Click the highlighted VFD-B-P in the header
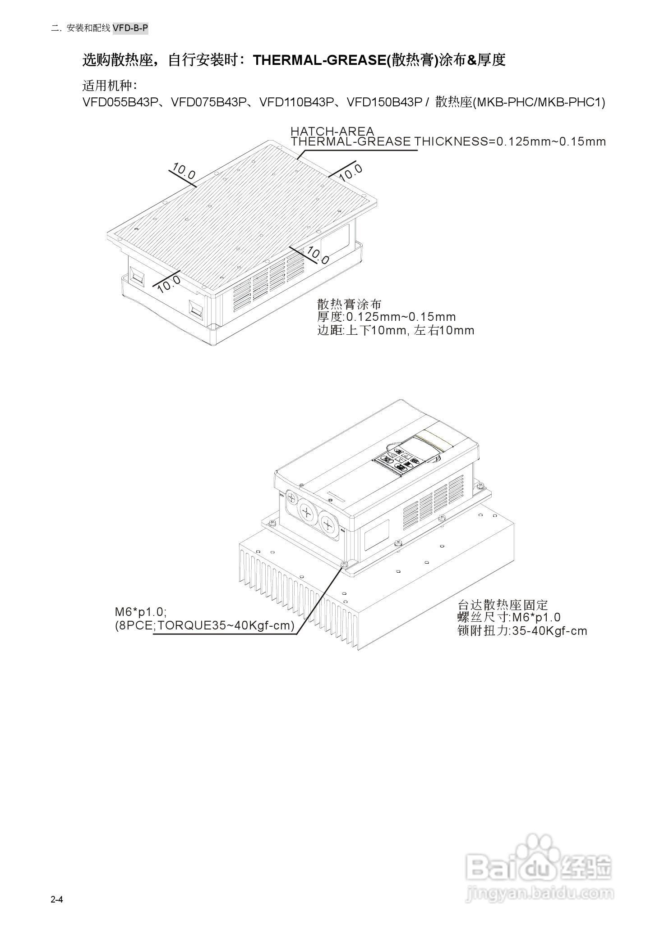click(130, 28)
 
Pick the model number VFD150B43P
click(384, 102)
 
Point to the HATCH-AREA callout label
click(332, 131)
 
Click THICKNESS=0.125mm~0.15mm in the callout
click(510, 141)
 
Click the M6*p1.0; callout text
click(141, 612)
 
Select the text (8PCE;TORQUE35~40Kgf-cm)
click(205, 625)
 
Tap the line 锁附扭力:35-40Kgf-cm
click(522, 631)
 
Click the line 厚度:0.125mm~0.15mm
click(386, 317)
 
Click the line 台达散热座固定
click(503, 605)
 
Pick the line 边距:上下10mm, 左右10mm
click(396, 330)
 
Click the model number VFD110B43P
click(297, 102)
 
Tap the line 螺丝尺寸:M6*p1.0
click(509, 617)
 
